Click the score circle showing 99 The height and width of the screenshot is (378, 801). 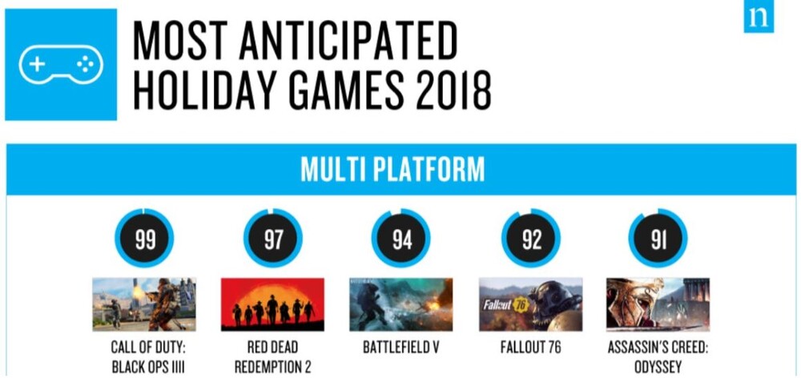[144, 239]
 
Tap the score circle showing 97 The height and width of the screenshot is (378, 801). [273, 239]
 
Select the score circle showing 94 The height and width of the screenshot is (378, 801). [401, 239]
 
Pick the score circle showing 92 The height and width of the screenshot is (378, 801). [531, 239]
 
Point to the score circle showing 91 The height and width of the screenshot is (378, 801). [658, 239]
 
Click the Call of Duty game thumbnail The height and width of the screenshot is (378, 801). [144, 304]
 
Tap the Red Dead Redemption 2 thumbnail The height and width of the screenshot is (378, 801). [273, 304]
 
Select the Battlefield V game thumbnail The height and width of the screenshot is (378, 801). [401, 304]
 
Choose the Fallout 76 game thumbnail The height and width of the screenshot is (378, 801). [531, 304]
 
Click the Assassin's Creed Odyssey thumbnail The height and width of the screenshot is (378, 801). [658, 304]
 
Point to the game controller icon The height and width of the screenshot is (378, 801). [61, 65]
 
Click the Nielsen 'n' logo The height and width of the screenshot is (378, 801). [759, 17]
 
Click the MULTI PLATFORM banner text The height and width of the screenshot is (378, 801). [392, 170]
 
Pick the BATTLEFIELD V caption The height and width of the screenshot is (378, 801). [401, 348]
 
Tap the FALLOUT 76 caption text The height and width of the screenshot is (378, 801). [531, 348]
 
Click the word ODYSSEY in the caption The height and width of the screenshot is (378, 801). [658, 368]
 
